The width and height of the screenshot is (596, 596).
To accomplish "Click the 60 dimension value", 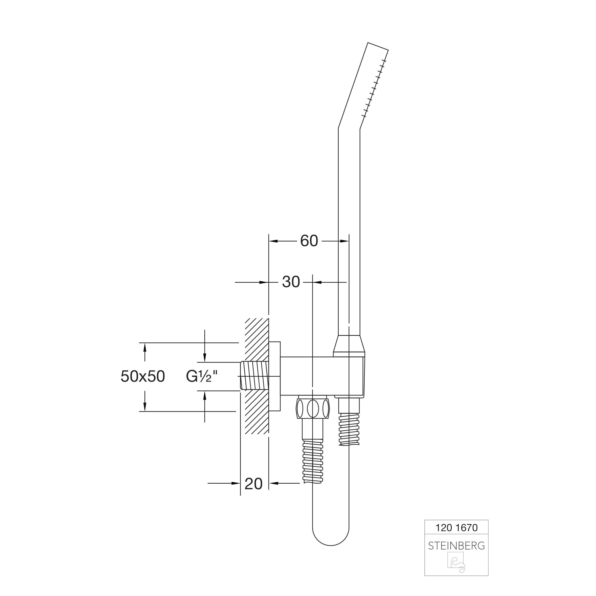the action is coord(309,241).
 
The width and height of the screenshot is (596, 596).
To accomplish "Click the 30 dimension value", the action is coord(291,282).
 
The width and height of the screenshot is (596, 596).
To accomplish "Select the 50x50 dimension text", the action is coord(143,376).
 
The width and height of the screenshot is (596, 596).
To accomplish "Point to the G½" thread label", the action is coord(202,376).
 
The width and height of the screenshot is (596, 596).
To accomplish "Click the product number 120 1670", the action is coord(456,528).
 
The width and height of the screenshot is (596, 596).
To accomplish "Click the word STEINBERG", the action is coord(456,546).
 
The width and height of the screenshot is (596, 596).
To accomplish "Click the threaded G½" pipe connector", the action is coord(255,376).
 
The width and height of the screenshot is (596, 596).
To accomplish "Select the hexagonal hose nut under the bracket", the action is coord(313,408).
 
